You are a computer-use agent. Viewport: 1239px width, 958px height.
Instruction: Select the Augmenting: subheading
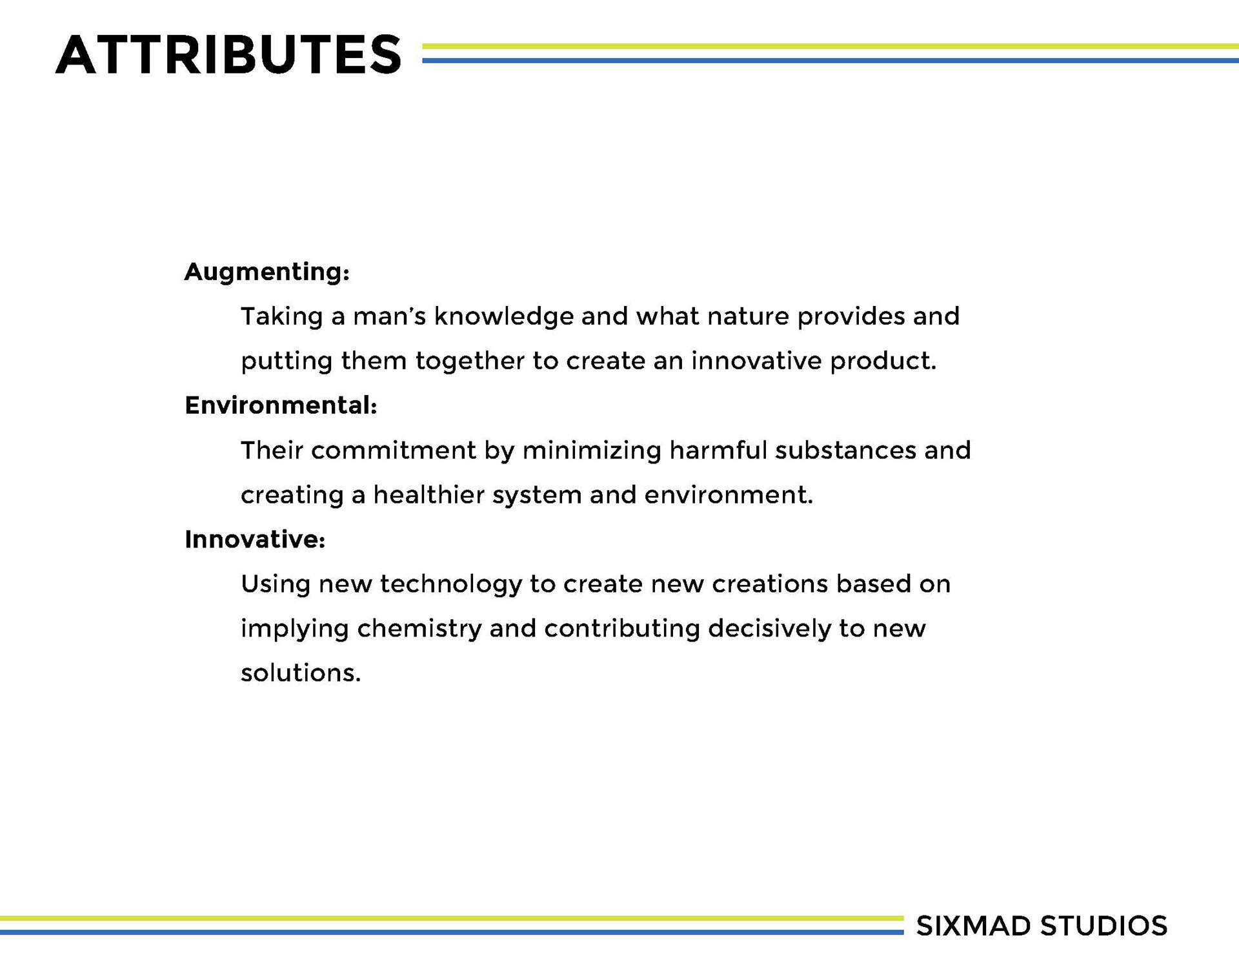267,272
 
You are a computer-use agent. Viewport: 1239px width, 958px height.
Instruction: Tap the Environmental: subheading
281,405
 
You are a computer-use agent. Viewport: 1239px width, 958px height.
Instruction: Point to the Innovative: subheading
255,539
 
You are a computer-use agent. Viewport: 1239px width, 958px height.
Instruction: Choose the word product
883,362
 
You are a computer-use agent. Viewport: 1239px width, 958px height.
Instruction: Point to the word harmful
718,450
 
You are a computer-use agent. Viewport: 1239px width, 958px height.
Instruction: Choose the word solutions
301,673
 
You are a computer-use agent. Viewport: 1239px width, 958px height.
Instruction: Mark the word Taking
281,317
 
